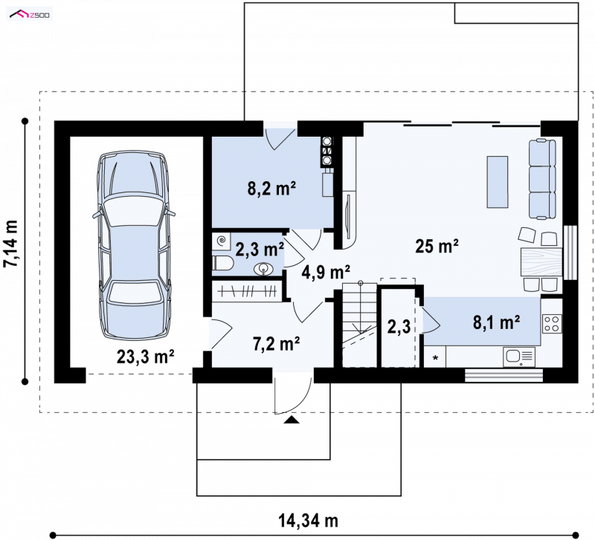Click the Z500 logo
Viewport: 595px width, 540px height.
(30, 15)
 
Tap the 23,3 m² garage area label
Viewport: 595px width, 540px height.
(145, 357)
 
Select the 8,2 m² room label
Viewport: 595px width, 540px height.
(271, 189)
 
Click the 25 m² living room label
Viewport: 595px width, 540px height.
(437, 247)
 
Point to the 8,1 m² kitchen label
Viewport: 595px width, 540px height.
(496, 322)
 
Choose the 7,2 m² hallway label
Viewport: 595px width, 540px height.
(276, 344)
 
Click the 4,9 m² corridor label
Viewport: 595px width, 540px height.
(326, 272)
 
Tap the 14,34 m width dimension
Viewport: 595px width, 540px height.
(308, 521)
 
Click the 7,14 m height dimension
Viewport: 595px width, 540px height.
(10, 244)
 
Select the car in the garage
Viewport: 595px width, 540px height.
(134, 244)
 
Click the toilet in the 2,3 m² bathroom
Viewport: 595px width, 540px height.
(222, 263)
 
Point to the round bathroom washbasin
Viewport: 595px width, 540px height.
(263, 269)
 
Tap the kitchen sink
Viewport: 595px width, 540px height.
(519, 357)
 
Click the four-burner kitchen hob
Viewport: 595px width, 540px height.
(552, 324)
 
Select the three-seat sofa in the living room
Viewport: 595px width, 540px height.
(542, 179)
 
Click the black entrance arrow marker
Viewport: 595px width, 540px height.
(291, 419)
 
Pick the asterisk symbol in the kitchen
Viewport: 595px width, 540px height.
(435, 358)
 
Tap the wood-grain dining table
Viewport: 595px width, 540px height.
(541, 261)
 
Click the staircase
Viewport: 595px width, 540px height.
(359, 325)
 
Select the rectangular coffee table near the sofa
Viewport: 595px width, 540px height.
(498, 182)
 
